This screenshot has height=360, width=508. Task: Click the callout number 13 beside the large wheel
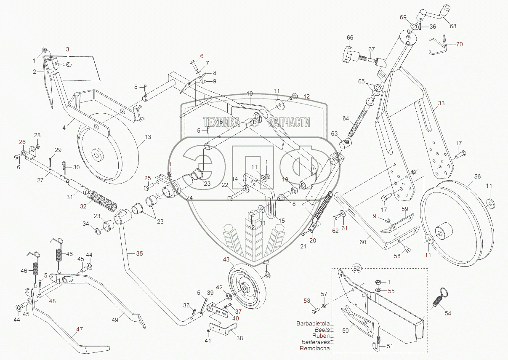point(147,137)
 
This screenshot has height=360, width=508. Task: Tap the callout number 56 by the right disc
point(477,176)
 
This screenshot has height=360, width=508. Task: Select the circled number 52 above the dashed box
point(357,268)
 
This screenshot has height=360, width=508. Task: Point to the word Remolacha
point(315,348)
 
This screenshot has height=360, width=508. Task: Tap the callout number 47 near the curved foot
point(79,330)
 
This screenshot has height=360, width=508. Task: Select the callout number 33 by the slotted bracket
point(441,103)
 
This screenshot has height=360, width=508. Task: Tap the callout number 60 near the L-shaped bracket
point(363,242)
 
